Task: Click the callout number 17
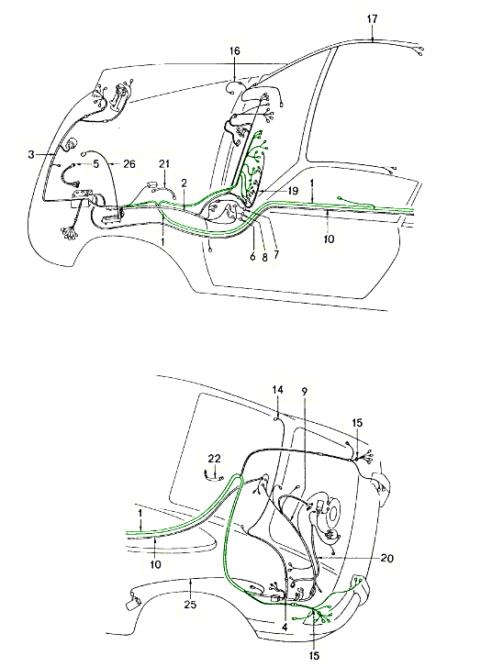(x=372, y=19)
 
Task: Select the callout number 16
(x=234, y=51)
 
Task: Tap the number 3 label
(x=30, y=154)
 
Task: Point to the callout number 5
(x=96, y=163)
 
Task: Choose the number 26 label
(x=129, y=163)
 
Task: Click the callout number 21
(x=164, y=163)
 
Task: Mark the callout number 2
(x=184, y=183)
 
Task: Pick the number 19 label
(x=293, y=191)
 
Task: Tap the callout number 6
(x=252, y=257)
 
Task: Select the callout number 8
(x=264, y=258)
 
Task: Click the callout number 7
(x=276, y=255)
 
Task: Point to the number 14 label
(x=277, y=390)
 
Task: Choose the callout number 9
(x=305, y=390)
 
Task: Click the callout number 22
(x=215, y=459)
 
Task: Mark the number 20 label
(x=386, y=557)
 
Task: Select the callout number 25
(x=190, y=604)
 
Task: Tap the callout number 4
(x=285, y=627)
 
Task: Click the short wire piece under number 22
(x=214, y=476)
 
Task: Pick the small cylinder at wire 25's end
(x=135, y=603)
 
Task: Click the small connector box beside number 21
(x=152, y=185)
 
